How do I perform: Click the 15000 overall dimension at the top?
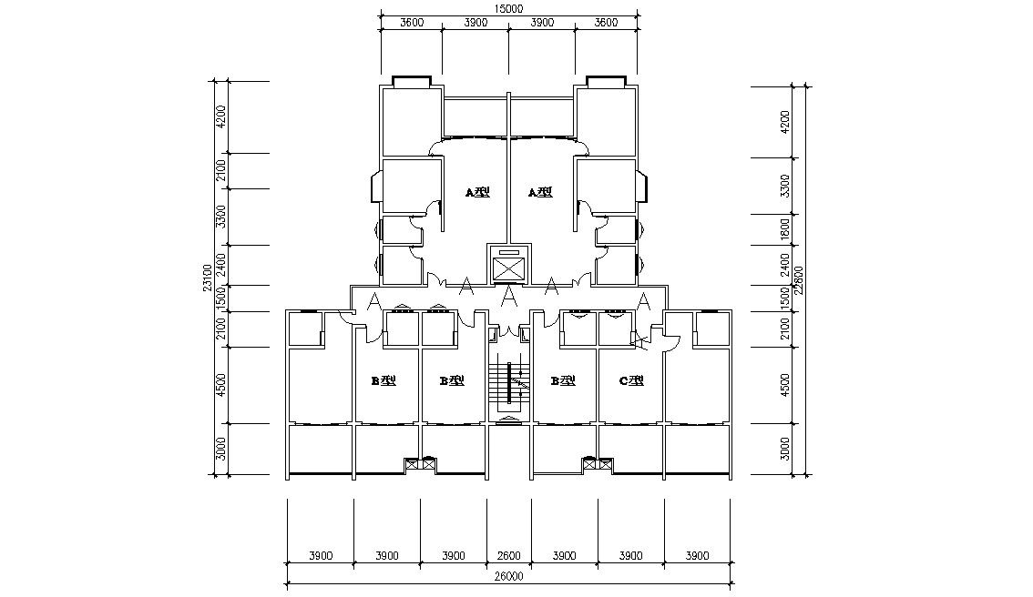pos(508,8)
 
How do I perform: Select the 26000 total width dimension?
pos(508,576)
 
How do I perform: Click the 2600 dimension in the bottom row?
pos(509,555)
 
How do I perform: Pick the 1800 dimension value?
pos(785,228)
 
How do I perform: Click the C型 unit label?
pos(631,380)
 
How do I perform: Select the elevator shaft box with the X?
pos(508,268)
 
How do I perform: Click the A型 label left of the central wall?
pos(477,192)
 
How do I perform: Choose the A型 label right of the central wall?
pos(540,192)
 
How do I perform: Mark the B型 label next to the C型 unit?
pos(564,380)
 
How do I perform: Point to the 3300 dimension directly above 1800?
pos(785,187)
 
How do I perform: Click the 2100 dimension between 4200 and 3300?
pos(220,171)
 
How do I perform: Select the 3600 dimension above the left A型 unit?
pos(411,23)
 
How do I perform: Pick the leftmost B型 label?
pos(383,380)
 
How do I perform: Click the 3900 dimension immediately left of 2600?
pos(454,555)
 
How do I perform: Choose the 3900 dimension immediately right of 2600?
pos(565,555)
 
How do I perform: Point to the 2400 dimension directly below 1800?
pos(785,265)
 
